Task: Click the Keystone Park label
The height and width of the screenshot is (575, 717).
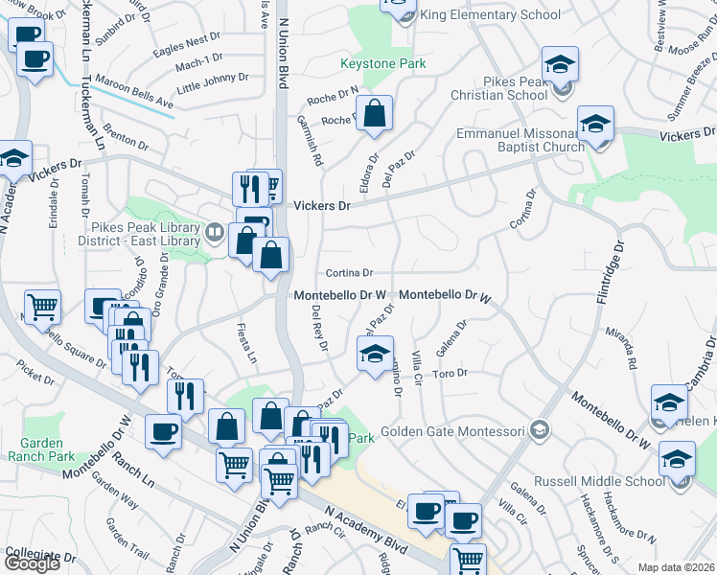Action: [383, 64]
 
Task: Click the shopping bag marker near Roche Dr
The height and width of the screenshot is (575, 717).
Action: [377, 113]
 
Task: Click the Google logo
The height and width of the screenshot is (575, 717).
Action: [32, 563]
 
